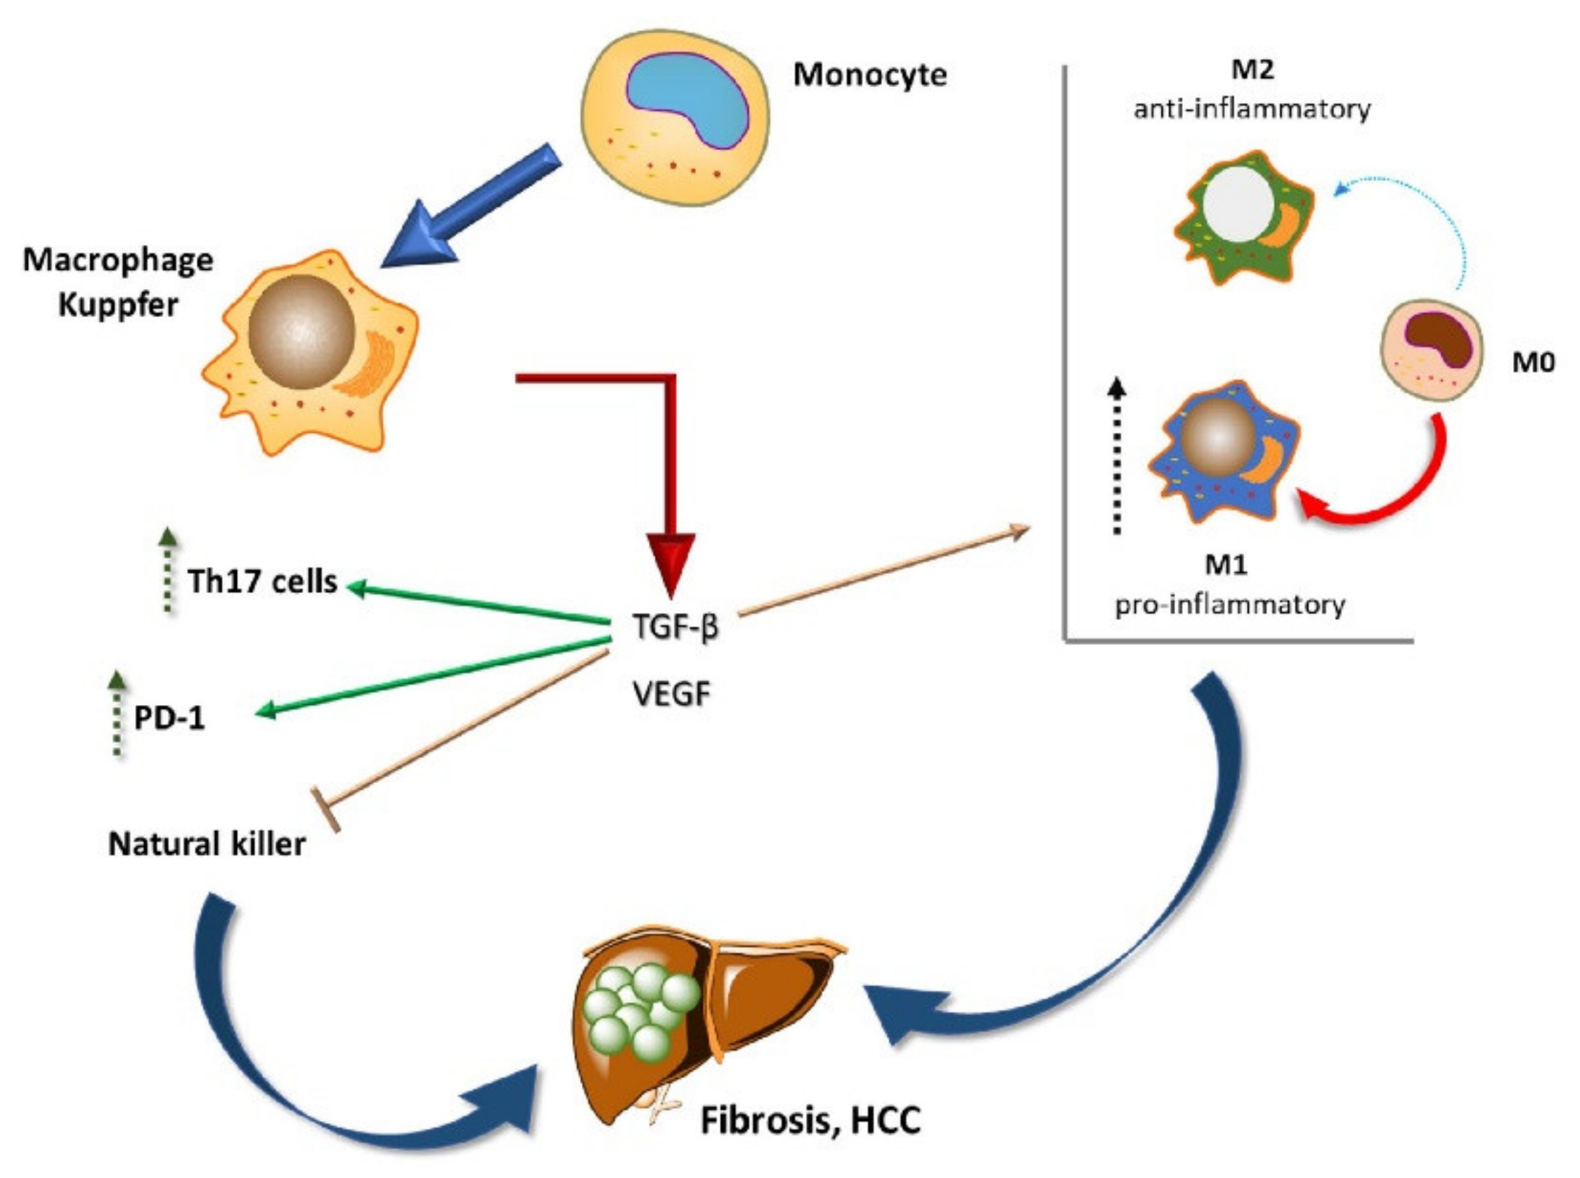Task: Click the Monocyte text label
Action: pos(870,75)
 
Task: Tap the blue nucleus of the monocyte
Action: pos(688,100)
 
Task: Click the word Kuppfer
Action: pos(117,305)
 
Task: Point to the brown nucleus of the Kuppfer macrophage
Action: pos(302,332)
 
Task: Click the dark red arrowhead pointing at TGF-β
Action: pos(671,563)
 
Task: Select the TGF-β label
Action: pos(675,628)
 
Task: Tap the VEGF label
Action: pos(672,693)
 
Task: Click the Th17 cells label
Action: pos(262,581)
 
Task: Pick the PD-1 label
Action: pos(169,718)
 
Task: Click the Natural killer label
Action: pos(207,844)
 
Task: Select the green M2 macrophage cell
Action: pos(1244,217)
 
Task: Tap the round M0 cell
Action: pos(1432,349)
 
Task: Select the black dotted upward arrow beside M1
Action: pos(1118,456)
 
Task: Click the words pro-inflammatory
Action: pos(1230,604)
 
